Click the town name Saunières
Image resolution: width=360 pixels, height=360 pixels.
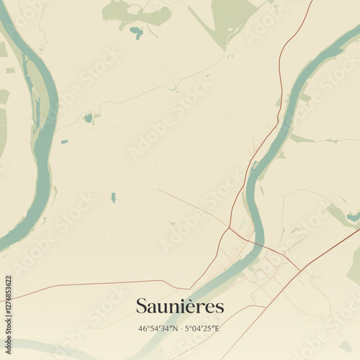[180, 307]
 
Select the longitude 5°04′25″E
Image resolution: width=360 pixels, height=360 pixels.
[202, 329]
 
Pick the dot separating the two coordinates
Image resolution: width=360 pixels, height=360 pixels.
[180, 329]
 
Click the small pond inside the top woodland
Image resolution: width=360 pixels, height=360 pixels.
[136, 31]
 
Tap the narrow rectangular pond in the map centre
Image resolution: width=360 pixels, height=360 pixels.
[113, 197]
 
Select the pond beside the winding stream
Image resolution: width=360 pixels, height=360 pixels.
[88, 117]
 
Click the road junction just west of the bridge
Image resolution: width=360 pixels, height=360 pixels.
[229, 231]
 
